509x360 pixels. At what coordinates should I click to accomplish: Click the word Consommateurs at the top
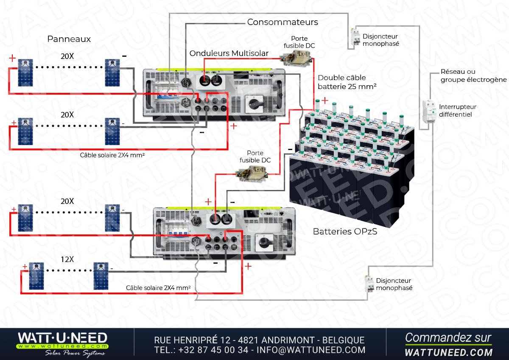coord(282,22)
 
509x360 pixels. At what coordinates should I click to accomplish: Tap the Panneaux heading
coord(69,39)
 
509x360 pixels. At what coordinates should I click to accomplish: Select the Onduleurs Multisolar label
coord(229,53)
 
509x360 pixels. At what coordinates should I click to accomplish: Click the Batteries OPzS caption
coord(345,232)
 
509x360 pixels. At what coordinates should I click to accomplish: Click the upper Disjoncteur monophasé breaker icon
coord(355,37)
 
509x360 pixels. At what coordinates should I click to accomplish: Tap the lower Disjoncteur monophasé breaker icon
coord(369,284)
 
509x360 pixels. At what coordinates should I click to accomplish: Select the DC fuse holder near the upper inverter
coord(296,58)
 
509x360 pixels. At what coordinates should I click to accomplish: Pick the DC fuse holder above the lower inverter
coord(252,174)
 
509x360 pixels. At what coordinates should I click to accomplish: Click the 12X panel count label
coord(67,259)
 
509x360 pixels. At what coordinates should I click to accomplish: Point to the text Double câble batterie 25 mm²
coord(347,82)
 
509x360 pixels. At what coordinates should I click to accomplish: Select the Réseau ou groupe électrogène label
coord(473,75)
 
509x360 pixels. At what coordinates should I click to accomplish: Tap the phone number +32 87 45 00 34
coord(213,350)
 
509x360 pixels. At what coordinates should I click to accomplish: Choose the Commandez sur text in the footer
coord(448,338)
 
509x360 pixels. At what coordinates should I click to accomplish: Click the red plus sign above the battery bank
coord(325,100)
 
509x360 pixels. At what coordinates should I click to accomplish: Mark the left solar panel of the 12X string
coord(36,276)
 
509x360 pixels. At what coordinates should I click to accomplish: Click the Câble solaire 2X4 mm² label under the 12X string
coord(158,288)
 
